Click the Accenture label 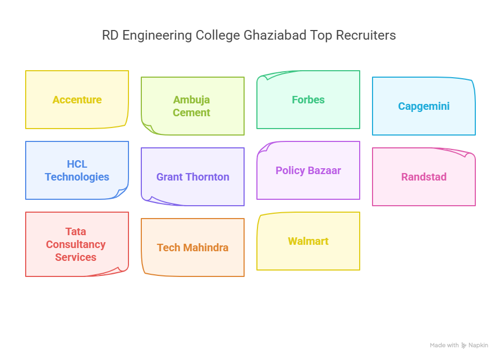pyautogui.click(x=77, y=100)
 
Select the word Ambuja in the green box pyautogui.click(x=192, y=100)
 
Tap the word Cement pyautogui.click(x=192, y=112)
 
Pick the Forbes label pyautogui.click(x=308, y=100)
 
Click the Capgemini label pyautogui.click(x=424, y=106)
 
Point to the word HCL pyautogui.click(x=77, y=164)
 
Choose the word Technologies pyautogui.click(x=77, y=177)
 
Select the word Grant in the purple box pyautogui.click(x=169, y=177)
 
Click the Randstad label pyautogui.click(x=424, y=177)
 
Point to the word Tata pyautogui.click(x=76, y=231)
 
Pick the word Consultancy pyautogui.click(x=76, y=244)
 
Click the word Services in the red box pyautogui.click(x=76, y=257)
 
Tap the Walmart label pyautogui.click(x=308, y=241)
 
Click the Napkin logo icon pyautogui.click(x=464, y=346)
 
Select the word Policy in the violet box pyautogui.click(x=290, y=170)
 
